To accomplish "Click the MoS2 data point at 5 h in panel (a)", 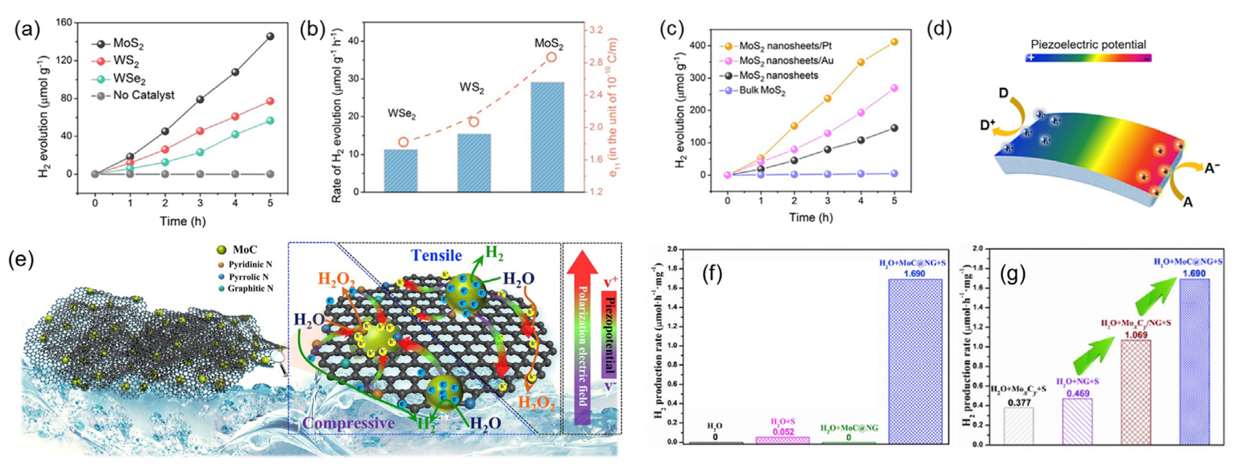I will coord(270,36).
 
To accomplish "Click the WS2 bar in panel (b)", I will coord(474,162).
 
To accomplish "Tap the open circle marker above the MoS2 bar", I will coord(551,57).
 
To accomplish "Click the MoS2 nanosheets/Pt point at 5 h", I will coord(894,42).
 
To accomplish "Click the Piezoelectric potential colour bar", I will coord(1088,58).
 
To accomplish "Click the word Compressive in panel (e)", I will coord(348,423).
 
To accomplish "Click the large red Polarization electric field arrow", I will coord(582,337).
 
